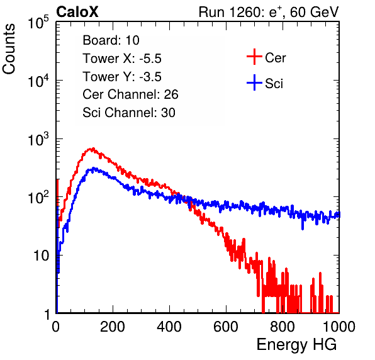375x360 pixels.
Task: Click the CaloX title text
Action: [77, 12]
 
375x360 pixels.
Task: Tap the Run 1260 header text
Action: [269, 12]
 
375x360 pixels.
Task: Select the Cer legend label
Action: [275, 58]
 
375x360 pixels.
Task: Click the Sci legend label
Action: [274, 84]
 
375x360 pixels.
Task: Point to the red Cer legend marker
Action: [254, 57]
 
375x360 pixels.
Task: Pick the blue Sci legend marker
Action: [254, 82]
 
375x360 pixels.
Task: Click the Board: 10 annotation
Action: [111, 40]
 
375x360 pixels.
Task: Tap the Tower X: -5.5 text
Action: [122, 59]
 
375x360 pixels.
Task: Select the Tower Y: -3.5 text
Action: [122, 77]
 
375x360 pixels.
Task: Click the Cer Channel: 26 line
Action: [130, 94]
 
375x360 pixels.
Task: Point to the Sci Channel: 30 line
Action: [129, 113]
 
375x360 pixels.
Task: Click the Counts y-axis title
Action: [9, 49]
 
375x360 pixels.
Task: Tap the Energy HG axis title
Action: [296, 345]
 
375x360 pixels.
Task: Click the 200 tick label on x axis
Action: [113, 327]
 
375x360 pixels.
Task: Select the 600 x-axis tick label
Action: [226, 327]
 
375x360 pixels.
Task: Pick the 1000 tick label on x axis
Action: [339, 327]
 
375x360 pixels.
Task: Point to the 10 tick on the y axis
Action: [41, 256]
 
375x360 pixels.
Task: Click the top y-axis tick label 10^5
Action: [38, 23]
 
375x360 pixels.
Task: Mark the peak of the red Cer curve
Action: [93, 149]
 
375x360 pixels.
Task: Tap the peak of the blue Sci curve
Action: [94, 168]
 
